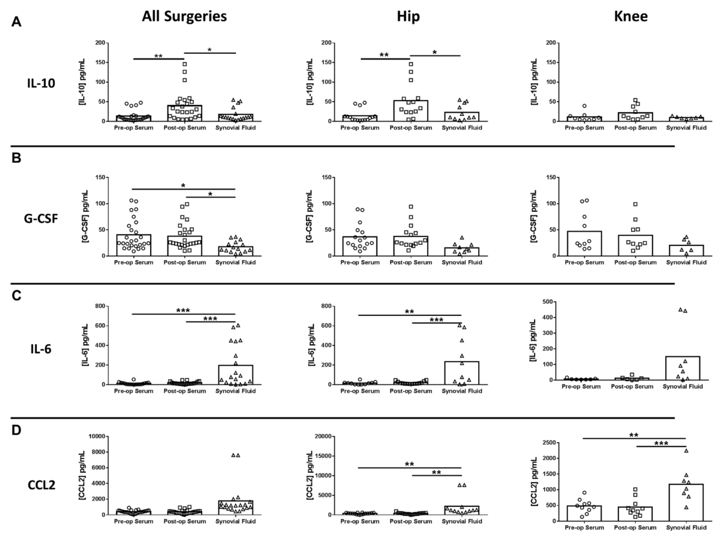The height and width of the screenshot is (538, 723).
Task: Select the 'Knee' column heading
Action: coord(631,16)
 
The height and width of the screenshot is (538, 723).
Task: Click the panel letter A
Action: coord(16,22)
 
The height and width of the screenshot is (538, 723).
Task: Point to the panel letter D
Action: coord(16,430)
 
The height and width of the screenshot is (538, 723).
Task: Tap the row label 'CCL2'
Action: coord(41,485)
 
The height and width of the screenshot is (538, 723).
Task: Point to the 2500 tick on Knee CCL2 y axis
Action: coord(549,443)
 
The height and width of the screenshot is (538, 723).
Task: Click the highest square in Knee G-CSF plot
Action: coord(635,204)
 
